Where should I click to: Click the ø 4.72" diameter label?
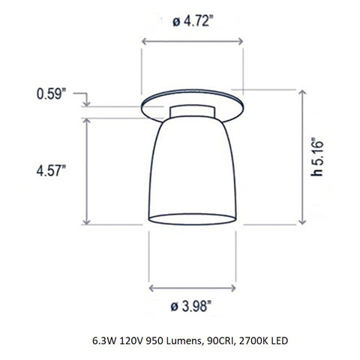point(191,22)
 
